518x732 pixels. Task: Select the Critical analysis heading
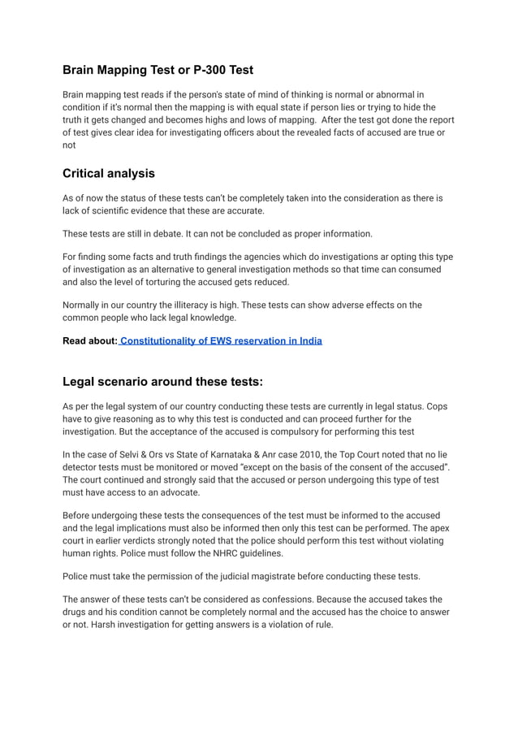109,173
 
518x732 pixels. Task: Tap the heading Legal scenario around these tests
162,382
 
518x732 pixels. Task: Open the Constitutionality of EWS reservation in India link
221,340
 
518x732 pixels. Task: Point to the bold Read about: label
90,340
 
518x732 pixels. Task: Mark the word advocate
173,492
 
